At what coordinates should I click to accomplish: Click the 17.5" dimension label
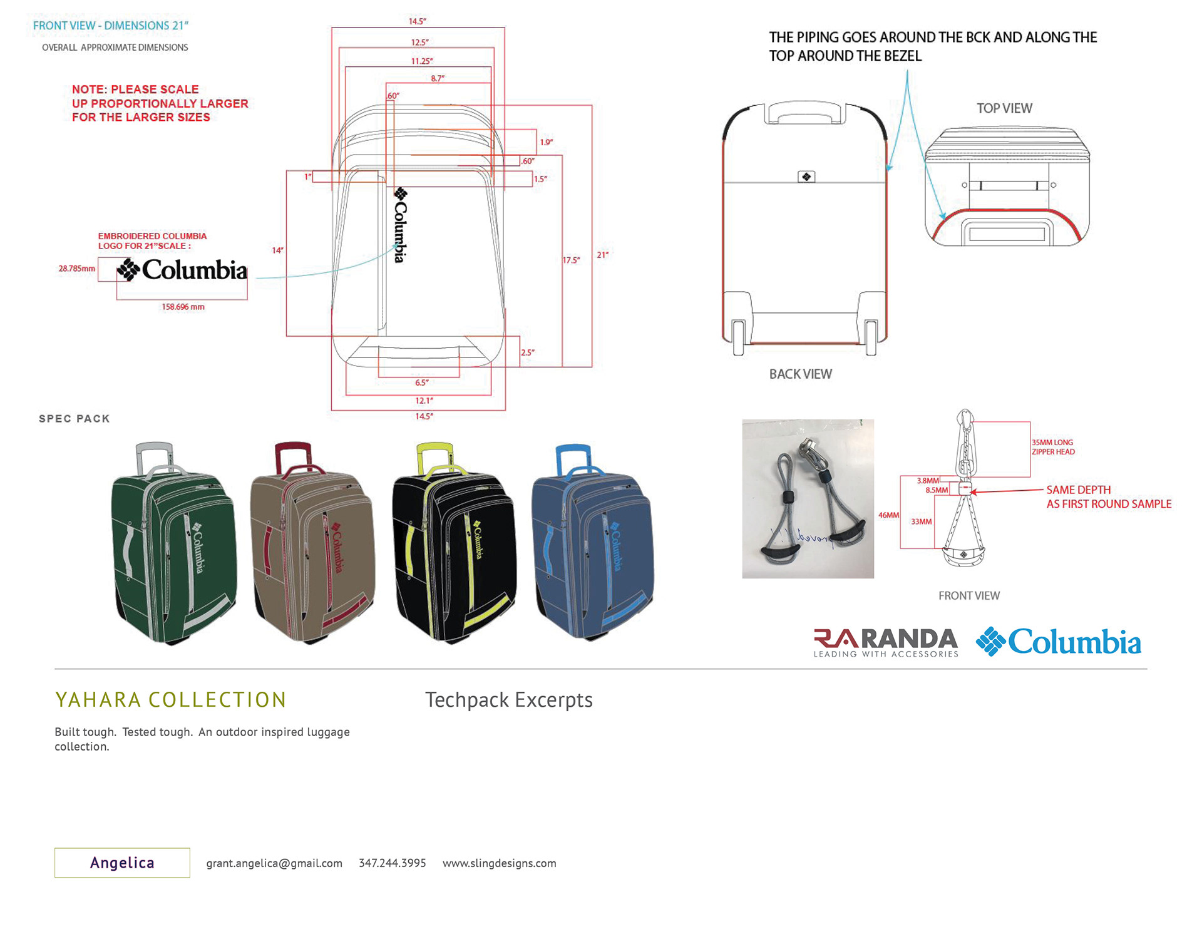coord(571,260)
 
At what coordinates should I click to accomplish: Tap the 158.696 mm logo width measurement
coord(183,307)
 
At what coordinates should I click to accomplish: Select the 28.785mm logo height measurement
coord(77,269)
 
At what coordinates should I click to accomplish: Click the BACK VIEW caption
coord(800,374)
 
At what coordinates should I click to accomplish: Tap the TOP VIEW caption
coord(1004,108)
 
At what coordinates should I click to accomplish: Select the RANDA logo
coord(885,642)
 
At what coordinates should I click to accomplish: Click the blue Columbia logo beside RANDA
coord(1059,642)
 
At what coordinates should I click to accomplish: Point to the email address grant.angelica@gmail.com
coord(274,863)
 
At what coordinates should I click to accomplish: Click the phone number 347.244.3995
coord(392,863)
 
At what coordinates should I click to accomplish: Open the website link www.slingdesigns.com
coord(499,863)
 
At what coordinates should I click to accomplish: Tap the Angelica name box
coord(122,863)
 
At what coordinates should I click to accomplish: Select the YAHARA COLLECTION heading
coord(170,700)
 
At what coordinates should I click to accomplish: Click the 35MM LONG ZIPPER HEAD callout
coord(1053,447)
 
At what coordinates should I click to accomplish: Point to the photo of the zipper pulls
coord(808,499)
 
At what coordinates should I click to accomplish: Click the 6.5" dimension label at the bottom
coord(422,382)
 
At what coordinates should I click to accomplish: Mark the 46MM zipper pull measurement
coord(888,515)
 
